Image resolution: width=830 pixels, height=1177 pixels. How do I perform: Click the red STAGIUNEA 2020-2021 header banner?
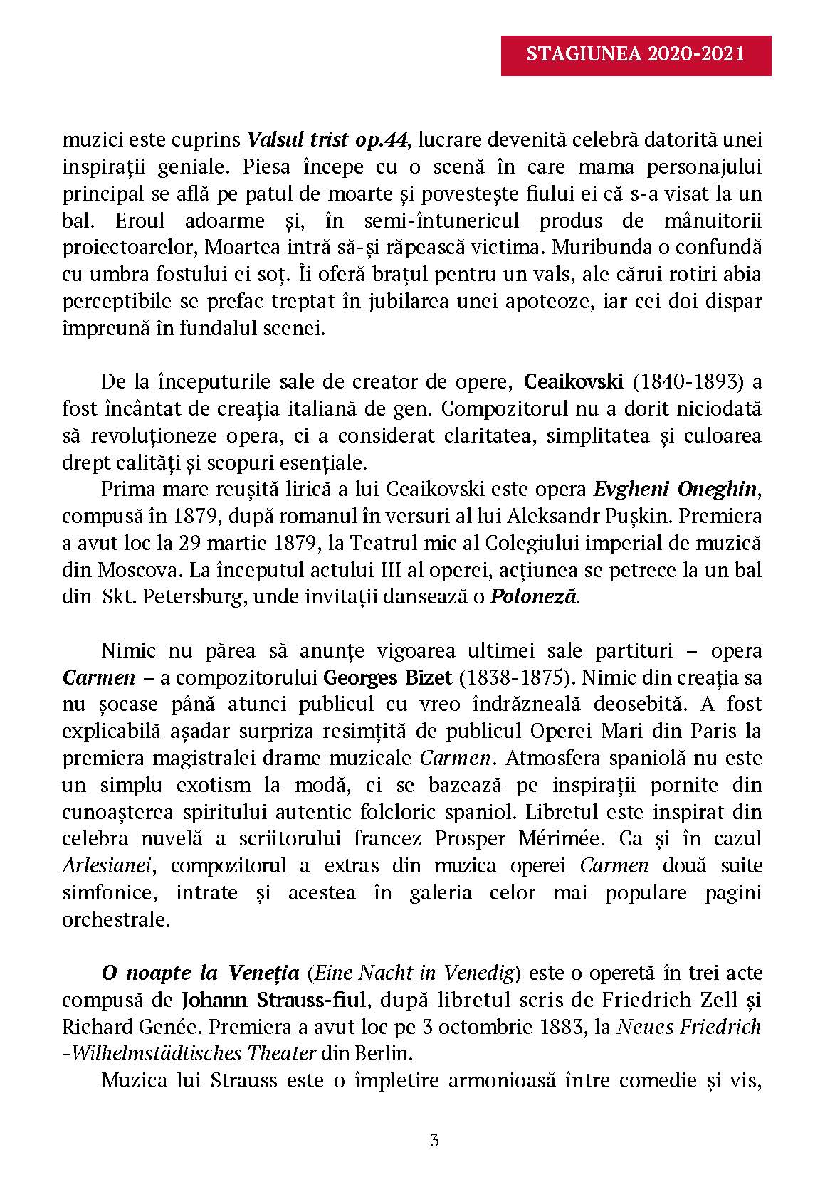click(636, 54)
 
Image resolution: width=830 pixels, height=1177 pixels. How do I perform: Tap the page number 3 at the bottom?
click(414, 1141)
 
